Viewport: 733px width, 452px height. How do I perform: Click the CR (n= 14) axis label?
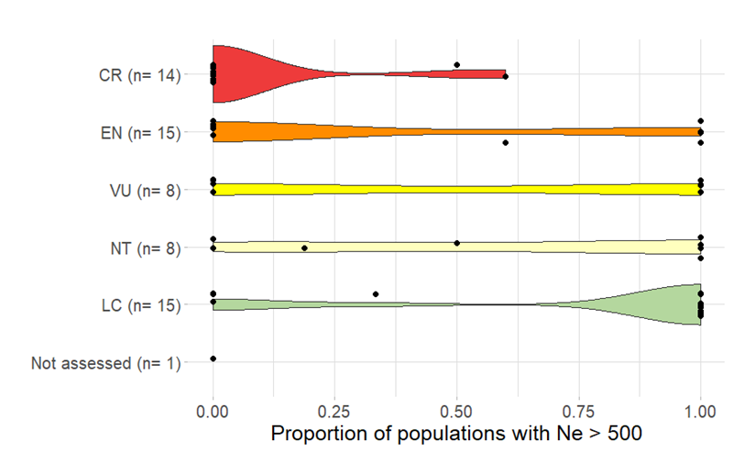(138, 74)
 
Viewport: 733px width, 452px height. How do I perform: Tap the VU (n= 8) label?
(143, 190)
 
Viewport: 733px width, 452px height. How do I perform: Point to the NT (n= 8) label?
(143, 248)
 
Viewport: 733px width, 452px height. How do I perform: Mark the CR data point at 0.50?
(456, 65)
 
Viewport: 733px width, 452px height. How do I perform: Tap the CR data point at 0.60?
(506, 76)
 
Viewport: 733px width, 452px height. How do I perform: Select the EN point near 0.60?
(505, 143)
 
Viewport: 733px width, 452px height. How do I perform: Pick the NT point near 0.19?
(304, 248)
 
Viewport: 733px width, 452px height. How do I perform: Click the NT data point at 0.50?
(456, 243)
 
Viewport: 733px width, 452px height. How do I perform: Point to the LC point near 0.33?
(376, 294)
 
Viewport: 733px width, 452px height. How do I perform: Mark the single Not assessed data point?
(213, 358)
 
